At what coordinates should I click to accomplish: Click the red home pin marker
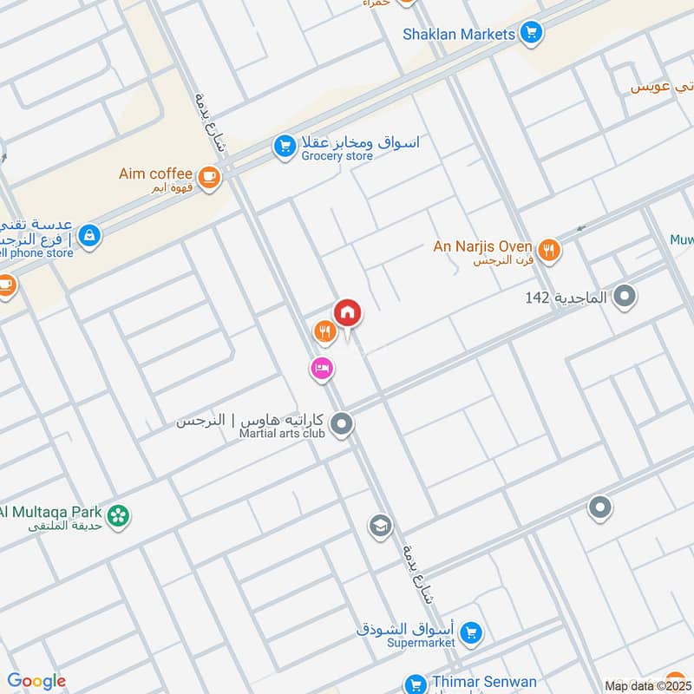[x=348, y=312]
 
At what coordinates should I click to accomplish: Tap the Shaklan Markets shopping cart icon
[x=531, y=35]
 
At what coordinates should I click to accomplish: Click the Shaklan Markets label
[x=460, y=35]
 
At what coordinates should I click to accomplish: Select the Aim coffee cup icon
[x=208, y=177]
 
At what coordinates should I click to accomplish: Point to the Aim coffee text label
[x=155, y=173]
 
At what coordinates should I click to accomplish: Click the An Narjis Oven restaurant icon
[x=548, y=251]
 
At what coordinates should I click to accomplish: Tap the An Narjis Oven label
[x=483, y=246]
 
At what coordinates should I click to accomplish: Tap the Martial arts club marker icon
[x=343, y=424]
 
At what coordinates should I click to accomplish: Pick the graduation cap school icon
[x=380, y=525]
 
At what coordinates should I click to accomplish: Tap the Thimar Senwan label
[x=485, y=683]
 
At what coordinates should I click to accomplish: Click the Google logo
[x=36, y=682]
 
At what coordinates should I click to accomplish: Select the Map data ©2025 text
[x=646, y=685]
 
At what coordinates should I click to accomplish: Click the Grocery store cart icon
[x=284, y=147]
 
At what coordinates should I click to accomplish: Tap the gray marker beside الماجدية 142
[x=625, y=298]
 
